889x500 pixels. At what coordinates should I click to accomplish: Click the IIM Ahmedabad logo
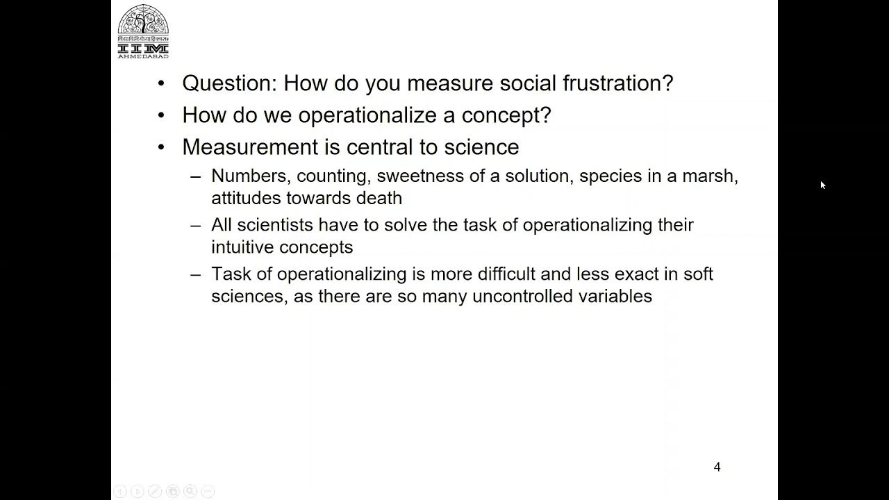click(x=143, y=31)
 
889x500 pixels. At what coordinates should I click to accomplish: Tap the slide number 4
click(x=717, y=467)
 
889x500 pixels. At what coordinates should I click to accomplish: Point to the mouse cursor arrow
click(x=822, y=185)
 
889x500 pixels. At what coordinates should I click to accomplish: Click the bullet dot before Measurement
click(x=162, y=147)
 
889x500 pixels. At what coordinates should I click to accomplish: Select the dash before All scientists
click(x=196, y=225)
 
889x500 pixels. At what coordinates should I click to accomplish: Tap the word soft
click(x=698, y=274)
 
